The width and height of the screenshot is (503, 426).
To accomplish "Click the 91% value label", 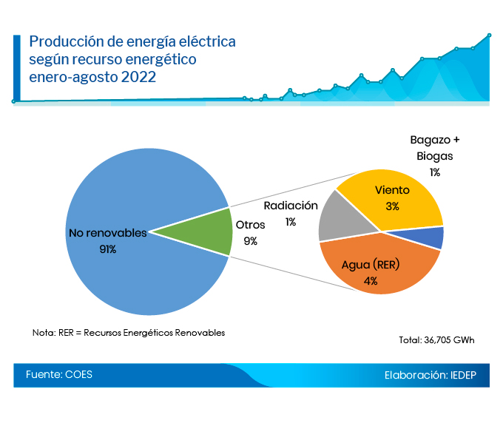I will click(108, 249).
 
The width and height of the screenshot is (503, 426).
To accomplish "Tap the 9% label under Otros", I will click(250, 240).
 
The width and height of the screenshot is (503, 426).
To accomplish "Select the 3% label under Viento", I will click(392, 206).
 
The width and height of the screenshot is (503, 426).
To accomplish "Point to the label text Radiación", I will click(291, 206).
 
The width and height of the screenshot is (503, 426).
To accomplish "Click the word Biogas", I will click(434, 156).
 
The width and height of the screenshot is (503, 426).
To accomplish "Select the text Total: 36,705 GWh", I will click(436, 340).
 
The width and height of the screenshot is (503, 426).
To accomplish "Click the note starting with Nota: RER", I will click(129, 332).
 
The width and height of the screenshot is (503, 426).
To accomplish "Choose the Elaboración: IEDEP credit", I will click(431, 375).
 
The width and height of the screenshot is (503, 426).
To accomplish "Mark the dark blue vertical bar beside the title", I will click(17, 67).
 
